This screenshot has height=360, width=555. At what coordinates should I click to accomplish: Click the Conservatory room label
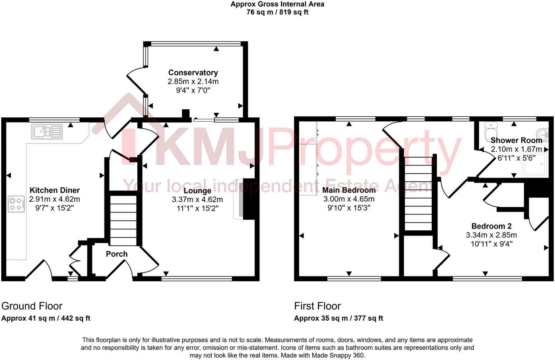click(x=193, y=73)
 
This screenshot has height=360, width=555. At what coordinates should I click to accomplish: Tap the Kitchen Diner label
click(x=55, y=190)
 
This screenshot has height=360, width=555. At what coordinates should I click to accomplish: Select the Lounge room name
click(x=197, y=191)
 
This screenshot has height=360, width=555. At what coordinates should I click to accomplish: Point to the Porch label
click(x=116, y=254)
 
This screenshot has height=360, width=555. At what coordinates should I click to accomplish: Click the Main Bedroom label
click(x=349, y=190)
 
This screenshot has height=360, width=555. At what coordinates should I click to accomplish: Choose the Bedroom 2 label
click(x=491, y=226)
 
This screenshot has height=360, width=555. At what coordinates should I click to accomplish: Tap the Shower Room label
click(x=516, y=140)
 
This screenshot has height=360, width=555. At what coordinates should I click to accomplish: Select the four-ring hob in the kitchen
click(x=16, y=203)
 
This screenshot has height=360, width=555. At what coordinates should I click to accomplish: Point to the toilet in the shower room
click(x=491, y=131)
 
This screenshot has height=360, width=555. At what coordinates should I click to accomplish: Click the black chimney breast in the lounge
click(x=249, y=199)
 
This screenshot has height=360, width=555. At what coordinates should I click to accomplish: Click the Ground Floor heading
click(x=32, y=306)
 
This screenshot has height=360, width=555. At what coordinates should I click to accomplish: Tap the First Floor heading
click(x=317, y=306)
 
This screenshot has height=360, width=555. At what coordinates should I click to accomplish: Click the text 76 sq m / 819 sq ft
click(x=277, y=12)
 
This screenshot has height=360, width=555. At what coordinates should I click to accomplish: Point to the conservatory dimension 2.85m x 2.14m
click(x=193, y=82)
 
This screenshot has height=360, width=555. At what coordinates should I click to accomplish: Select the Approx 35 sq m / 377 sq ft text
click(x=339, y=318)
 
